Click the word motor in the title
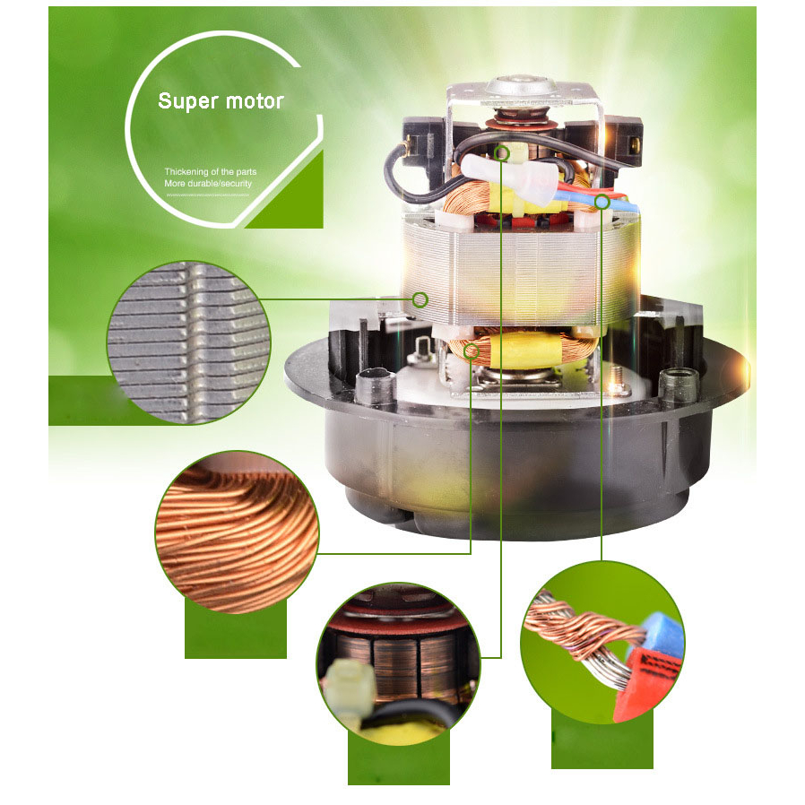255,100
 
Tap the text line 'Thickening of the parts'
211,170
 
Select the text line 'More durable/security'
208,184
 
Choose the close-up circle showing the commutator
398,662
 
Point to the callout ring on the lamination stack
420,299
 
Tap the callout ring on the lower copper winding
472,351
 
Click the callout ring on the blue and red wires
602,203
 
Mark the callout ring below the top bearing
502,152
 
